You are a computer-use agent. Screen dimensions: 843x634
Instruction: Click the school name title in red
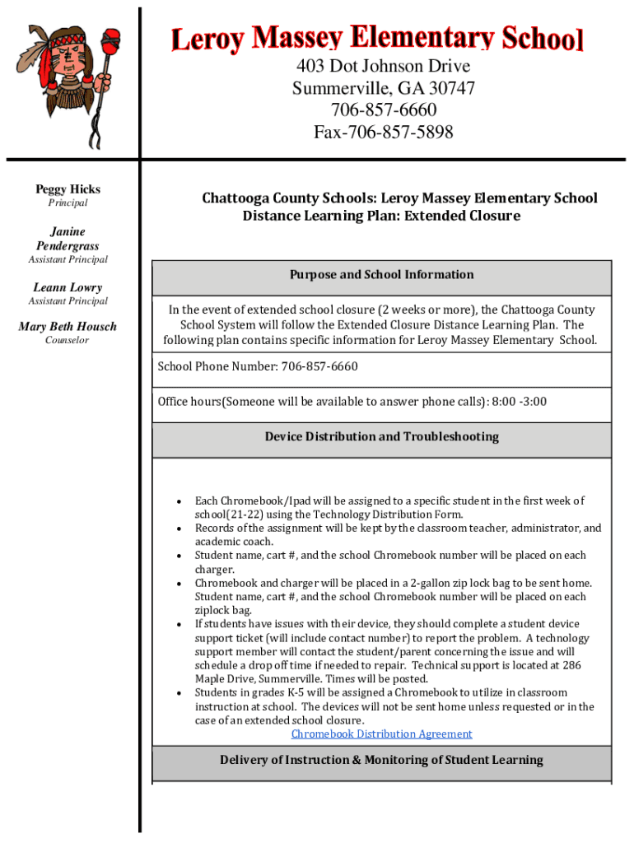[x=377, y=39]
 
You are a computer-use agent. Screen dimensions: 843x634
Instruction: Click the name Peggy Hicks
[x=68, y=189]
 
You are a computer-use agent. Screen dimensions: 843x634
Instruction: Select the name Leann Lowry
[x=68, y=287]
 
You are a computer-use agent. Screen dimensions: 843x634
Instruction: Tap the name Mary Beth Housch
[x=68, y=327]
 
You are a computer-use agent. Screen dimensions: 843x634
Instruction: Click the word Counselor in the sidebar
[x=68, y=341]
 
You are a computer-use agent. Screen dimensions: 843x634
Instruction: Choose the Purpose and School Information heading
[x=381, y=275]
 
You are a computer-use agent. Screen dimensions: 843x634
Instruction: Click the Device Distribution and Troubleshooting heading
[x=381, y=437]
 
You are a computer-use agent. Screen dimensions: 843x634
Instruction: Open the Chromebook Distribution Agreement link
[x=381, y=734]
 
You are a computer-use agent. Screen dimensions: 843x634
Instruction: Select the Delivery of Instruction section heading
[x=381, y=760]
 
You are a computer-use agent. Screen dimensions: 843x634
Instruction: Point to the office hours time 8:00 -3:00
[x=519, y=402]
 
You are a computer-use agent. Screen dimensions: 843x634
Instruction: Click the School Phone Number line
[x=258, y=366]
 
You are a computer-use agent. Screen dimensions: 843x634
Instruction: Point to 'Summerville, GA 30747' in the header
[x=383, y=89]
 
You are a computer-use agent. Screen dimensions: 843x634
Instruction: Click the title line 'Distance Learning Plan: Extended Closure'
[x=381, y=217]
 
